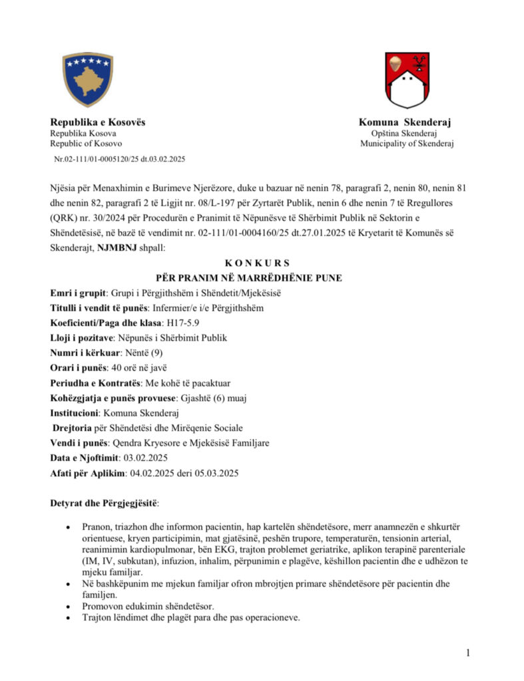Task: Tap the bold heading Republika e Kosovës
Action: point(98,122)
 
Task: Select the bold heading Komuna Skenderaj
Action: point(405,122)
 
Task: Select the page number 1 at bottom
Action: point(468,652)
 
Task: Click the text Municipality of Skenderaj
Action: point(407,144)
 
